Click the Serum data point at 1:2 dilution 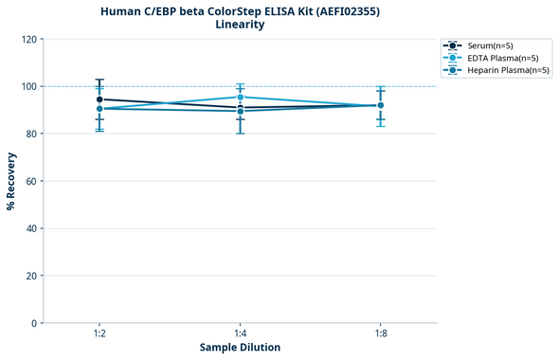(99, 99)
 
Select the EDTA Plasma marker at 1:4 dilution (241, 97)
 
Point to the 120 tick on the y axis (29, 39)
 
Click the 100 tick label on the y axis (29, 86)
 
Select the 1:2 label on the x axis (99, 334)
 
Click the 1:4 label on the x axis (241, 334)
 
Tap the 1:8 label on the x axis (381, 334)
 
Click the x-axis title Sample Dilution (240, 348)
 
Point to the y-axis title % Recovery (11, 181)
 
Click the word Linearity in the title (240, 25)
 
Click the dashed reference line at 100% (313, 86)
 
